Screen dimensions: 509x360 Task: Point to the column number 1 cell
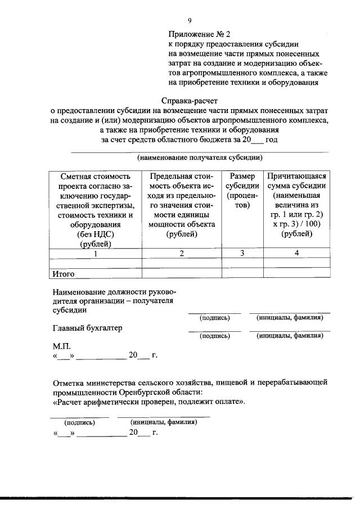click(95, 253)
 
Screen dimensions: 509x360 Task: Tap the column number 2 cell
click(182, 253)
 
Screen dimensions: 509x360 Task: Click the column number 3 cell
click(242, 253)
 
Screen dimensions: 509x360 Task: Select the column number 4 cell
click(297, 253)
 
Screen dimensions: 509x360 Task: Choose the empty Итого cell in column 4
click(297, 274)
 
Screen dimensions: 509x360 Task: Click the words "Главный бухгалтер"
click(87, 328)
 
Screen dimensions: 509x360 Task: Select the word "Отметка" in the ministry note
click(71, 382)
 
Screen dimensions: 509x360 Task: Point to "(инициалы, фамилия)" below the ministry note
click(163, 421)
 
